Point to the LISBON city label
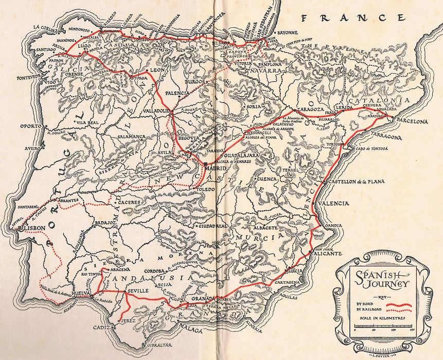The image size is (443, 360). [32, 227]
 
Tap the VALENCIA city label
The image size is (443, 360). [334, 204]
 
